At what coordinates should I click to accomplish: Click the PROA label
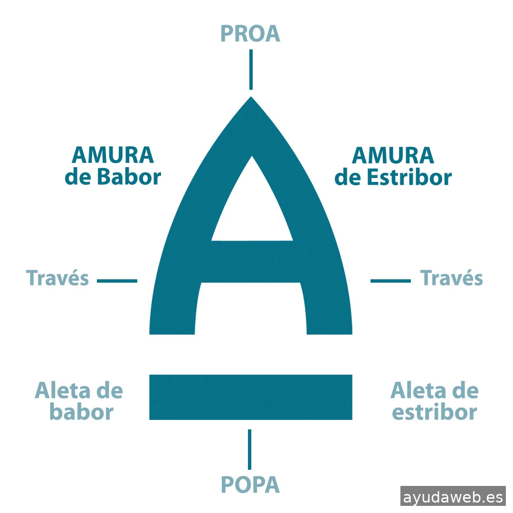pos(250,33)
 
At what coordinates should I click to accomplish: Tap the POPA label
pos(250,484)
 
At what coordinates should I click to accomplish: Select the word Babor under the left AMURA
pos(129,177)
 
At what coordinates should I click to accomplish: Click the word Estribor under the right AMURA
pos(409,177)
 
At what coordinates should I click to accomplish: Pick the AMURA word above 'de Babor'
pos(113,155)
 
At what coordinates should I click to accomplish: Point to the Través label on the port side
pos(57,278)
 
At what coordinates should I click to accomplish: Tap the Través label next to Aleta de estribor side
pos(452,278)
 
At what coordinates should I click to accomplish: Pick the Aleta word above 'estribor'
pos(414,390)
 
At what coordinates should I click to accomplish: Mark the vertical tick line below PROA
pos(251,69)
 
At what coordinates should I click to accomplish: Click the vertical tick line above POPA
pos(250,449)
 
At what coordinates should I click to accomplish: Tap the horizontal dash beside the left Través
pos(117,281)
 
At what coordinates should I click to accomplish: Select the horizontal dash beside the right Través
pos(390,281)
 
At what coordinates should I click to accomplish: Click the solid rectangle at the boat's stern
pos(251,397)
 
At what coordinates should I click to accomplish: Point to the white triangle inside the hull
pos(252,209)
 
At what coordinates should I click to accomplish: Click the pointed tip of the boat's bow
pos(251,96)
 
